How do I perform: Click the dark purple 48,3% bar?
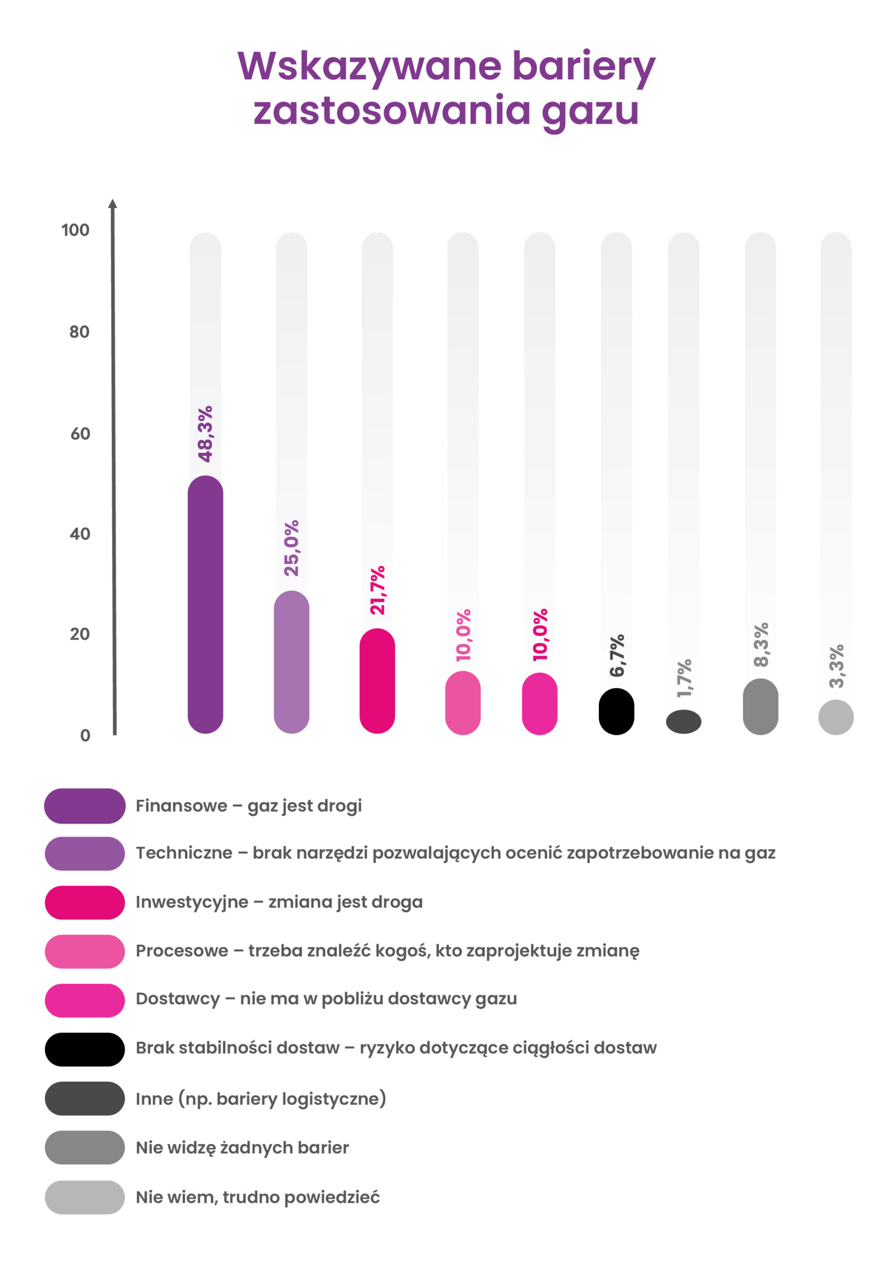pos(205,604)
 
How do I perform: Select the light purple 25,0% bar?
pos(291,662)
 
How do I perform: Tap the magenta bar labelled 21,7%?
pos(377,681)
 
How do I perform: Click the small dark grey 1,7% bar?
pos(684,722)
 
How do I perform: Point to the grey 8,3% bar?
pos(760,706)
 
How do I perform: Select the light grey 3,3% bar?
pos(836,717)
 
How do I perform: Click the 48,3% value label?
pos(205,434)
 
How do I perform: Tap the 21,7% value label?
pos(377,590)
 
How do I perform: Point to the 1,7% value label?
pos(684,679)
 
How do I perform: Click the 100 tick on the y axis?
pos(75,230)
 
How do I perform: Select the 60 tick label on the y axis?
pos(80,434)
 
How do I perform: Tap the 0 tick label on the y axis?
pos(85,735)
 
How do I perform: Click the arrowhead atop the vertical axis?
pos(113,204)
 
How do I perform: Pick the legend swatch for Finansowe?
pos(85,806)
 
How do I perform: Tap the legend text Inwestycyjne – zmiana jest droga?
pos(279,902)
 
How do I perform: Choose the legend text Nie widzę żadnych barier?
pos(242,1148)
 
